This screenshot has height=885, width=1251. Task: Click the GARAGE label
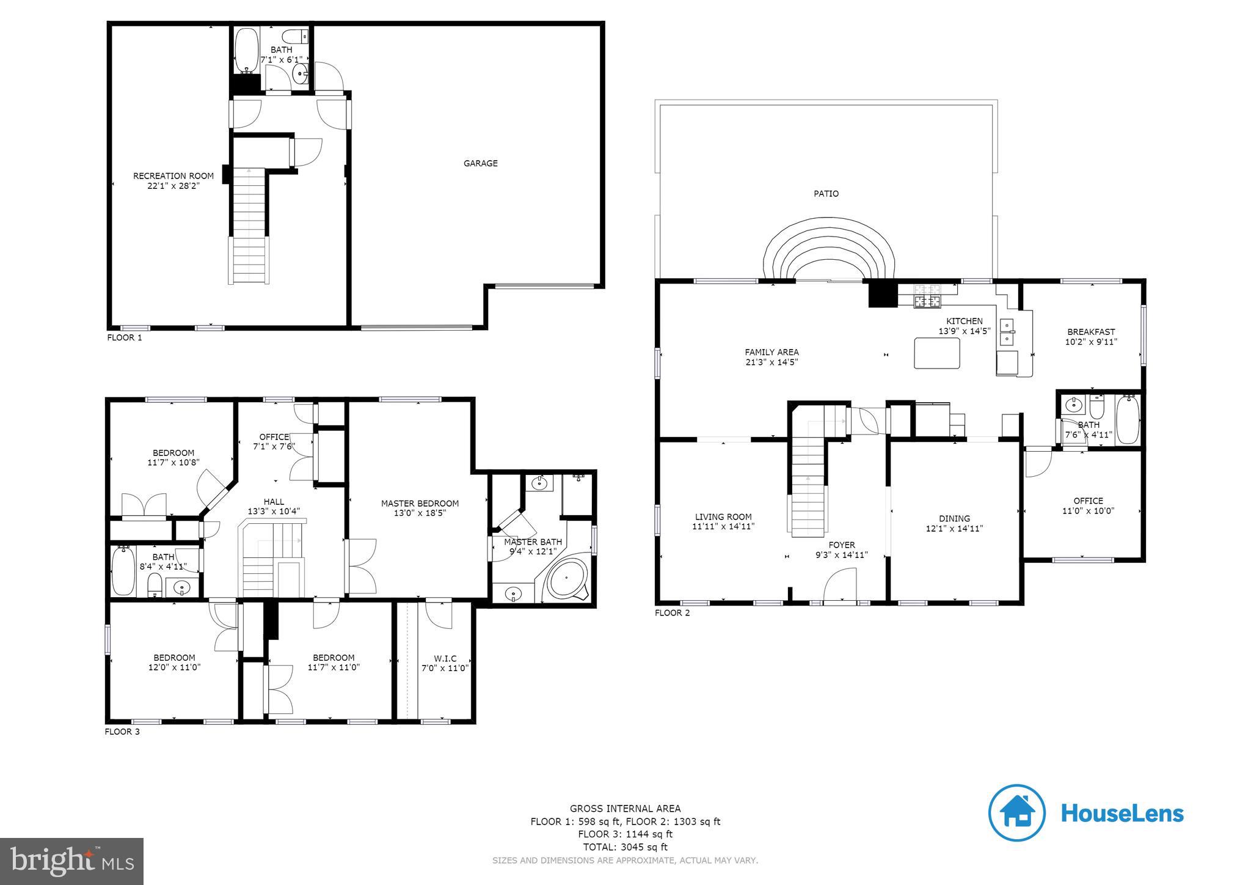pos(480,163)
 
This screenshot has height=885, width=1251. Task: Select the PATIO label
pos(826,194)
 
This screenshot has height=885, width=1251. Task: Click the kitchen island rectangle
pos(936,353)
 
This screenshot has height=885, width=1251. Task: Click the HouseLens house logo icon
pos(1017,813)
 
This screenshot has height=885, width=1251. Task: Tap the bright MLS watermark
pos(72,861)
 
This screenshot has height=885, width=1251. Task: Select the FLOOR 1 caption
pos(125,337)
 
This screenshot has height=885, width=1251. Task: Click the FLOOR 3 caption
pos(122,732)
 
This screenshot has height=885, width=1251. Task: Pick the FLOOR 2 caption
pos(673,612)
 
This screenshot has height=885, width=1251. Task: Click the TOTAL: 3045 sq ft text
pos(625,847)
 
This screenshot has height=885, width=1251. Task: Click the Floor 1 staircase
pos(249,226)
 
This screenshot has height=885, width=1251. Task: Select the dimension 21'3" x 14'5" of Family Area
pos(771,362)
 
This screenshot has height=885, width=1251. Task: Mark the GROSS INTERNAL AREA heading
pos(625,808)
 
